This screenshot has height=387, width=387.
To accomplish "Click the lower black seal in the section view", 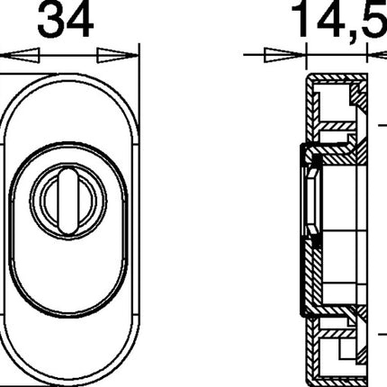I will click(316, 243).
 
